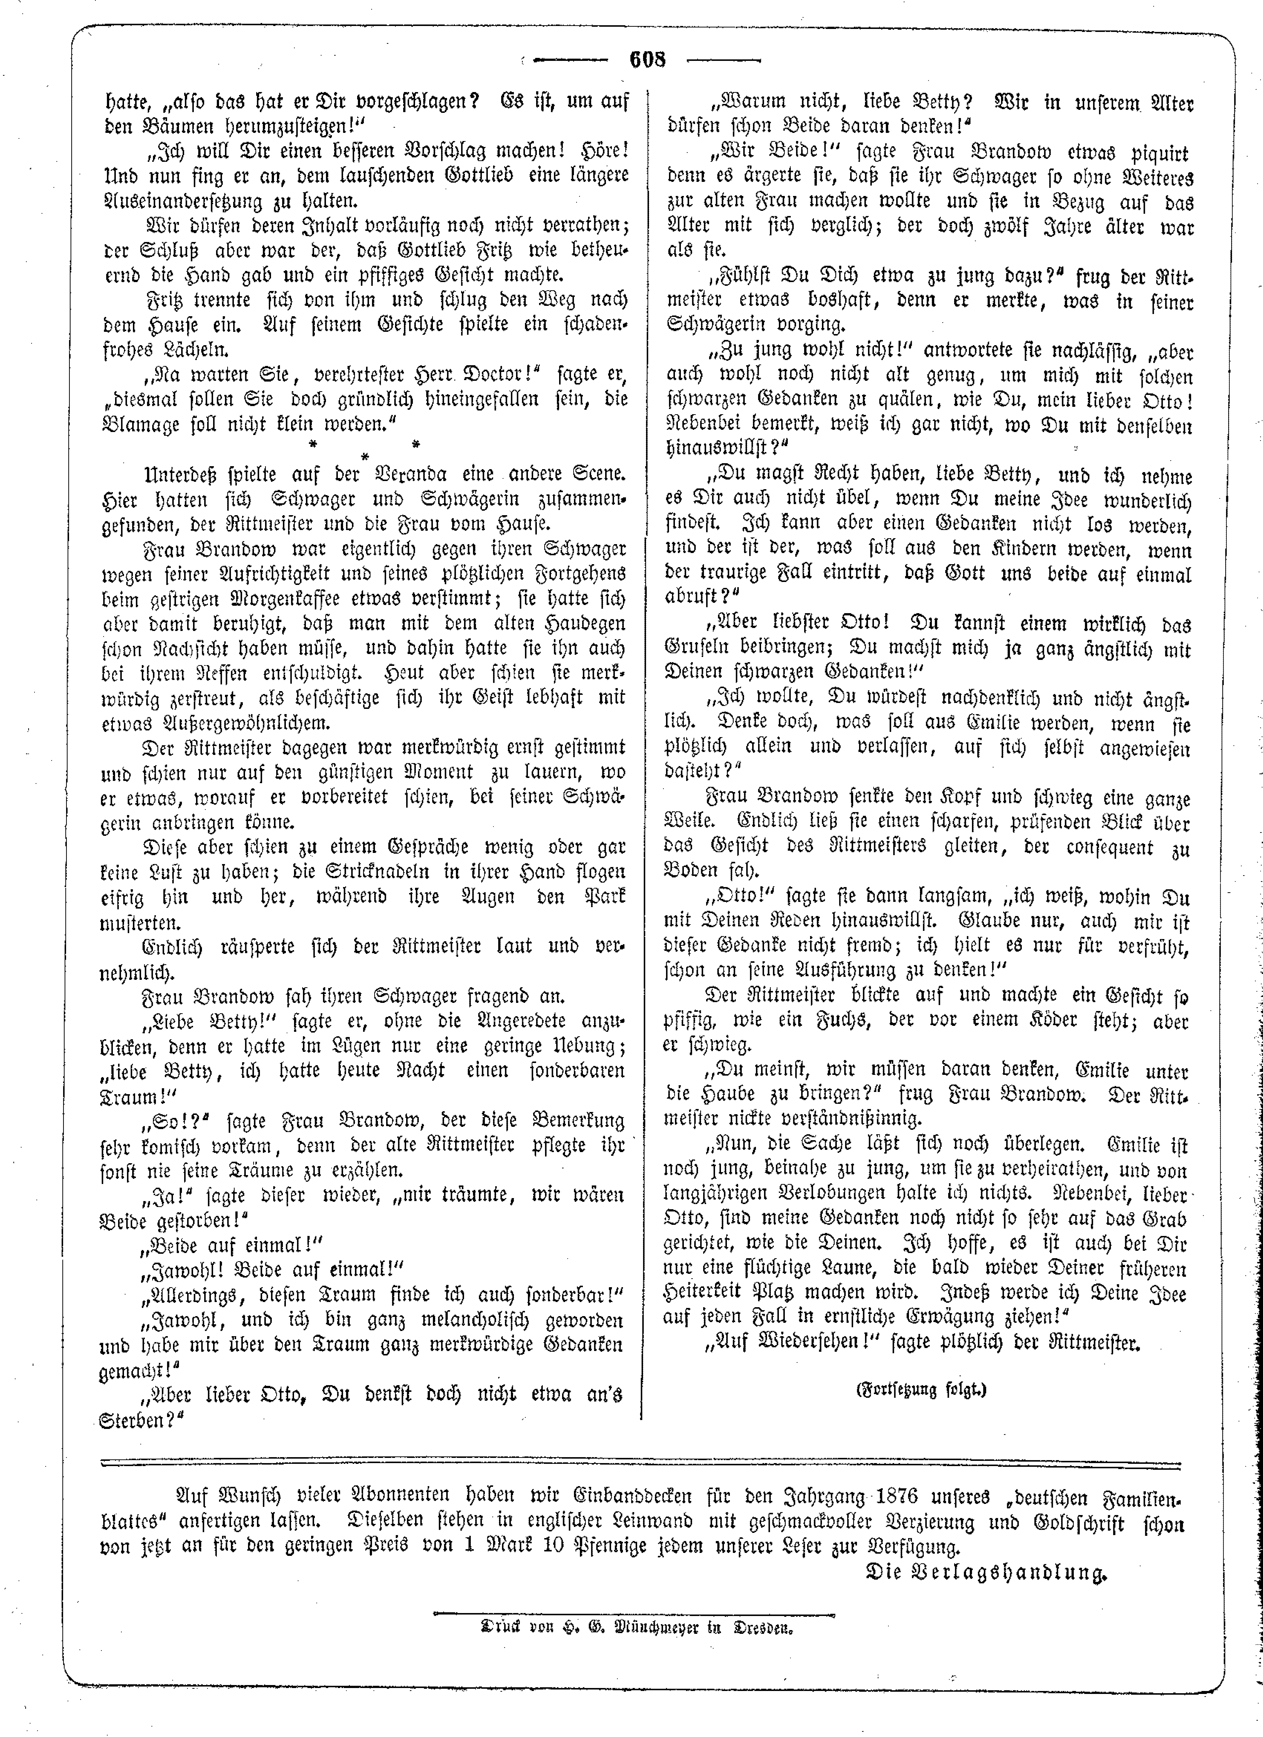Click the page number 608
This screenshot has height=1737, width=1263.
click(x=647, y=59)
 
